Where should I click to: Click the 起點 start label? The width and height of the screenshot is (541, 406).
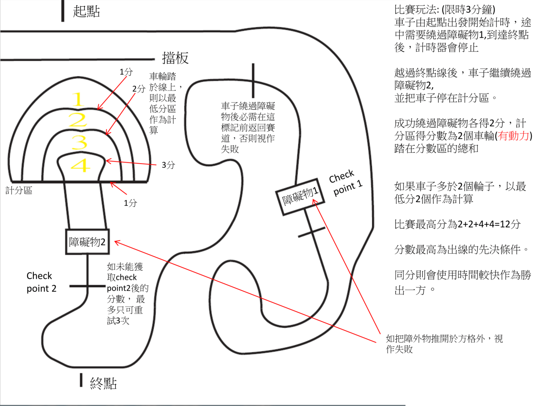pos(86,11)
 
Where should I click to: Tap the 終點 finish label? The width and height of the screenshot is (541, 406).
pos(103,383)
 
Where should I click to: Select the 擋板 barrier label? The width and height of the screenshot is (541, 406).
pos(175,58)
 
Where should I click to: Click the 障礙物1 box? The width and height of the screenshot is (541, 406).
pos(300,197)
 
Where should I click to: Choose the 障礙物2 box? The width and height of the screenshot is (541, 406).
pos(87,242)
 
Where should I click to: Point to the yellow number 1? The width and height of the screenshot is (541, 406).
pos(78,100)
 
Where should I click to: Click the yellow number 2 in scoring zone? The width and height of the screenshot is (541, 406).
pos(78,121)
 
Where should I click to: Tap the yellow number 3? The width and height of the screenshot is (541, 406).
pos(79,143)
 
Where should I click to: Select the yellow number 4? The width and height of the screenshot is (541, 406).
pos(80,165)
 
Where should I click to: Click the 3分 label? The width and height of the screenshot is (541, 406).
pos(168,165)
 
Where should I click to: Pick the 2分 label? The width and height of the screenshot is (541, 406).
pos(139,89)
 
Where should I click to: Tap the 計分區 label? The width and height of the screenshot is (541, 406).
pos(19,191)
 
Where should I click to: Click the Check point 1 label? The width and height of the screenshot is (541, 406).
pos(346,182)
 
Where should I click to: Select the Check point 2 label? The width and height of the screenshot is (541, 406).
pos(41,282)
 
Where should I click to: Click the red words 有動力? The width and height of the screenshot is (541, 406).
pos(514,136)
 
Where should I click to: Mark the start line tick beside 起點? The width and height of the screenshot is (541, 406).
pos(63,11)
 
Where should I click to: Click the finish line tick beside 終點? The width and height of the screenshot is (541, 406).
pos(81,380)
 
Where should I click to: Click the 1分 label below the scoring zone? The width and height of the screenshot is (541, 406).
pos(130,203)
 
